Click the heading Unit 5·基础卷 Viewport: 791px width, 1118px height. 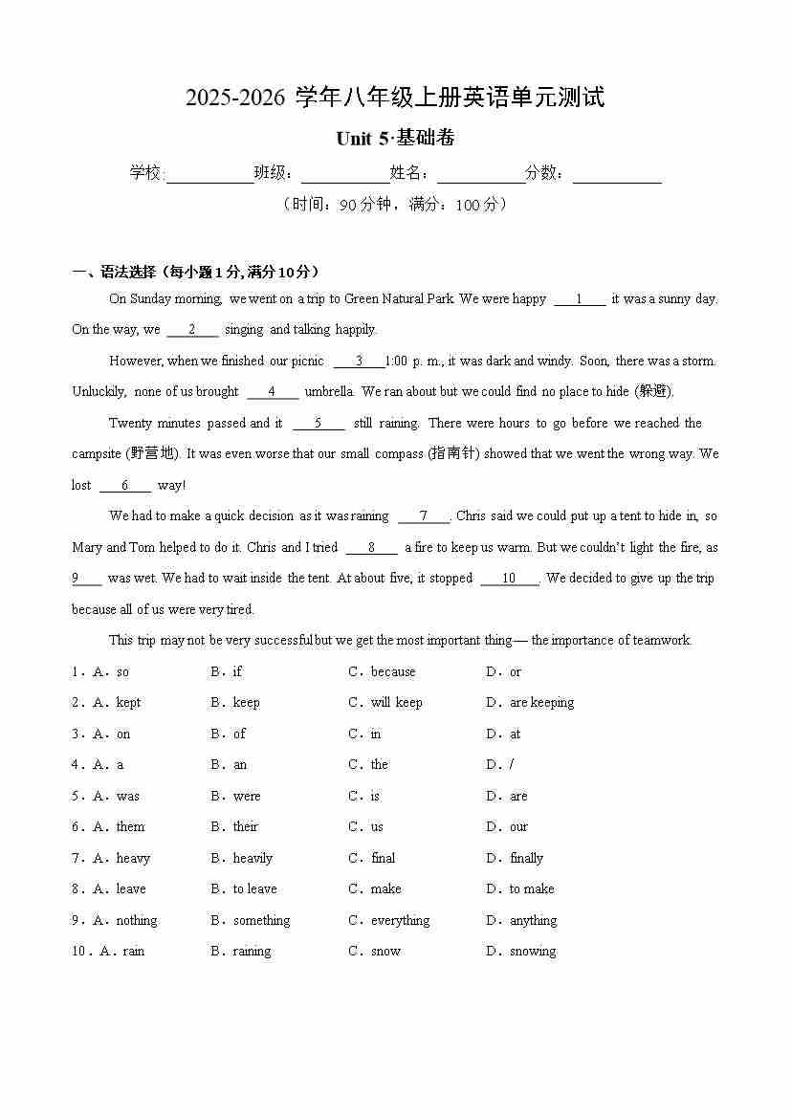point(395,139)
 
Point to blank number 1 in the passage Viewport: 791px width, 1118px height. point(579,299)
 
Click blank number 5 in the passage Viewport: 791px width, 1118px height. point(318,424)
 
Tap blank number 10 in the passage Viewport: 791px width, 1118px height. point(509,579)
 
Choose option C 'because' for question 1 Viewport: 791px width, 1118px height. point(392,671)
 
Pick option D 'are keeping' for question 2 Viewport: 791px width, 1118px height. point(541,703)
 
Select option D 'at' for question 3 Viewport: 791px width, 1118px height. point(515,734)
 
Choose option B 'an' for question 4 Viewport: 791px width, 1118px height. point(239,765)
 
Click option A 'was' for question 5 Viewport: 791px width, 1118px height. point(127,796)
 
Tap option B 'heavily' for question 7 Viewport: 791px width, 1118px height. point(253,858)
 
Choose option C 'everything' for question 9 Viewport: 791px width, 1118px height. point(400,920)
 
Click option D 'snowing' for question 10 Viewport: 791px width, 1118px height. point(532,952)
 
